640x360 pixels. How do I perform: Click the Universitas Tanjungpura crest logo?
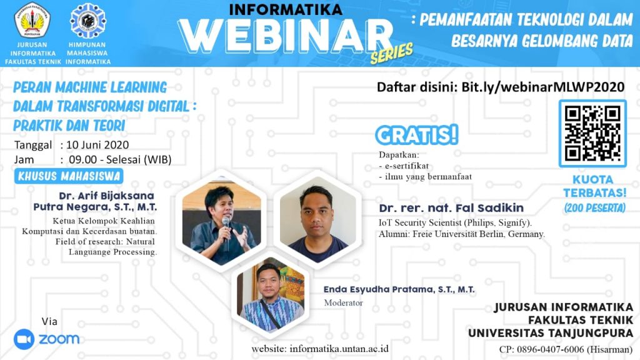point(32,20)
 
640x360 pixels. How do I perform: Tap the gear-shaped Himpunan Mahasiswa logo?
point(88,21)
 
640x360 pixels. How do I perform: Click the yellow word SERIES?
point(392,54)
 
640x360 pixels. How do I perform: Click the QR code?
point(592,134)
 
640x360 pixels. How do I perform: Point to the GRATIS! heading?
point(417,135)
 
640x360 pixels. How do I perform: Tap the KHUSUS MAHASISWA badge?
point(69,176)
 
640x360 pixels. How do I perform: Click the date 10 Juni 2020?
point(97,145)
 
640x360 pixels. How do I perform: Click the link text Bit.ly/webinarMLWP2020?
point(543,87)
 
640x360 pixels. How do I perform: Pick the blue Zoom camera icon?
point(24,339)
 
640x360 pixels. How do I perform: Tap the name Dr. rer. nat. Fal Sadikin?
point(451,207)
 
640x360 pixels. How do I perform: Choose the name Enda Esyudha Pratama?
point(378,289)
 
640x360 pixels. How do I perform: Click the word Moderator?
point(343,303)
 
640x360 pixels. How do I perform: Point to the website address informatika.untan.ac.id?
point(339,349)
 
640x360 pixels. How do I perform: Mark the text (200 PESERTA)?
point(595,207)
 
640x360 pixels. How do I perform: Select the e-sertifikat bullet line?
point(404,166)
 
